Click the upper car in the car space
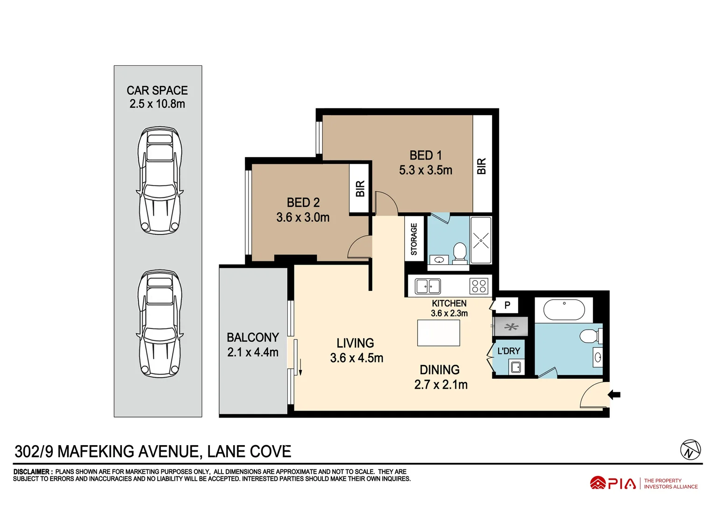pos(159,180)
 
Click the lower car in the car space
pos(159,324)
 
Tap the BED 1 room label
pos(425,155)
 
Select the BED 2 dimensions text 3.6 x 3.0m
pos(303,217)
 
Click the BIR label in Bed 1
pos(482,166)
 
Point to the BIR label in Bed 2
pos(360,188)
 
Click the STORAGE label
pos(414,239)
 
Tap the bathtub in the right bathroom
pos(564,310)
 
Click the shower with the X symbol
pos(481,240)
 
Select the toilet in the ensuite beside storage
pos(460,252)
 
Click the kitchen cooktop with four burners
pos(479,286)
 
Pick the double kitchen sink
pos(428,286)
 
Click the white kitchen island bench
pos(438,333)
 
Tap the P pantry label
pos(507,305)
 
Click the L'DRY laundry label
pos(508,351)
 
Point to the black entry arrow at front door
pos(614,395)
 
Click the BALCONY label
pos(253,338)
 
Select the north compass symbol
pos(690,450)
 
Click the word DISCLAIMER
pos(31,472)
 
